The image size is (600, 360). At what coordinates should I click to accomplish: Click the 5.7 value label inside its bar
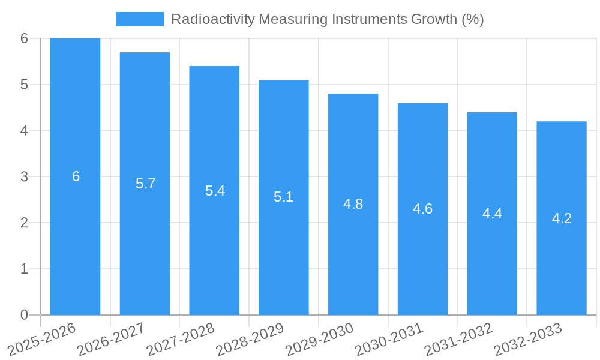tap(145, 184)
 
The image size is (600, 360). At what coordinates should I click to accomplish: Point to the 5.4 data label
tap(215, 191)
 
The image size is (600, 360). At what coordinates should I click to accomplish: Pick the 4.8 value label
tap(353, 204)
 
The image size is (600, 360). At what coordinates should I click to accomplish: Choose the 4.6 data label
tap(422, 209)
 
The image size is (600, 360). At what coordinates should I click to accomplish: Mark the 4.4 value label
tap(492, 214)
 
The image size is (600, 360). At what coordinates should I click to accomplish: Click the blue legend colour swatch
tap(139, 19)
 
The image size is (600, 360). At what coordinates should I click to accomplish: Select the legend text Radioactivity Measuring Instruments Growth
tap(327, 19)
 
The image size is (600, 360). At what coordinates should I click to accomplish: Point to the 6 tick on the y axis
tap(24, 38)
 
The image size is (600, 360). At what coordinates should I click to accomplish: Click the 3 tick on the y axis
tap(24, 176)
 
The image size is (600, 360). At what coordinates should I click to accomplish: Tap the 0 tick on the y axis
tap(24, 315)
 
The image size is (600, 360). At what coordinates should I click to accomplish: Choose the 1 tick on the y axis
tap(24, 269)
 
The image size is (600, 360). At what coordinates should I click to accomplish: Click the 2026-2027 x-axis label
tap(110, 340)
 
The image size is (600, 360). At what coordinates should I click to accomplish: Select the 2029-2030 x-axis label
tap(318, 340)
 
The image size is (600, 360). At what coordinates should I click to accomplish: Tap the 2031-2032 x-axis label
tap(457, 340)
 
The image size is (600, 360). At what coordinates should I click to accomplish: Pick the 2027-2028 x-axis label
tap(179, 340)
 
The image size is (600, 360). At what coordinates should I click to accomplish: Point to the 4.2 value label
tap(562, 218)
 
